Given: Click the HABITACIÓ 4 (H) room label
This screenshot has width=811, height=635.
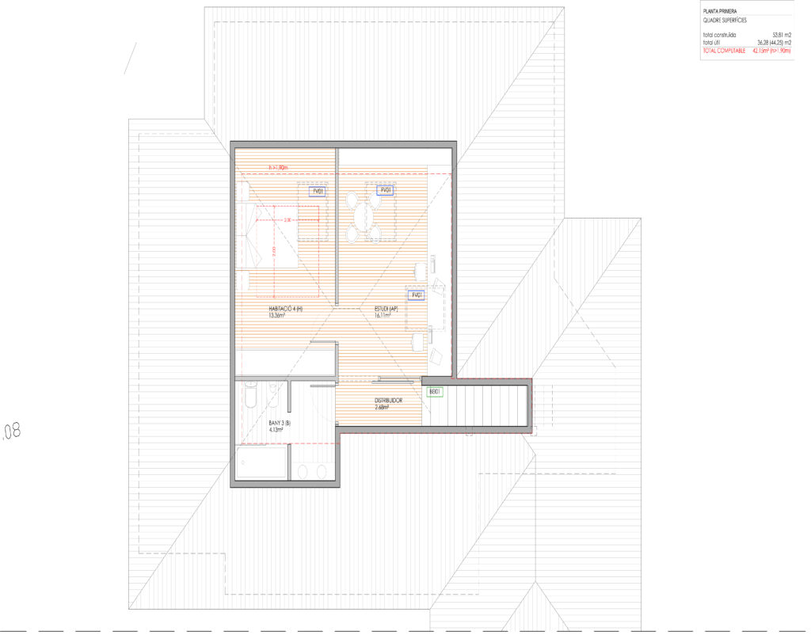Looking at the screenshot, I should click(x=283, y=308).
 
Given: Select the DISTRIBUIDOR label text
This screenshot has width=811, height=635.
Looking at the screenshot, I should click(x=388, y=401).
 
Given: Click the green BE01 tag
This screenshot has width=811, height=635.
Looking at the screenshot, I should click(x=435, y=391).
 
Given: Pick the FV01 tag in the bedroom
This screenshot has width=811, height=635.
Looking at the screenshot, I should click(x=318, y=191).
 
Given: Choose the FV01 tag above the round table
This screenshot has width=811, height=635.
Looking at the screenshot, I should click(x=386, y=190).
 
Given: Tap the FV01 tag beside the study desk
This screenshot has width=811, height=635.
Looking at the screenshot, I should click(x=417, y=295).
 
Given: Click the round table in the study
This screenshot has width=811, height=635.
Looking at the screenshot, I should click(x=364, y=215).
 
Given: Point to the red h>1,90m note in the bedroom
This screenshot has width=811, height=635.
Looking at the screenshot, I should click(x=276, y=167).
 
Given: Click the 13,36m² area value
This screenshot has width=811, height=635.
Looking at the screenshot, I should click(x=276, y=315).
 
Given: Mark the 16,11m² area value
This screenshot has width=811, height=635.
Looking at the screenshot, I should click(x=383, y=315).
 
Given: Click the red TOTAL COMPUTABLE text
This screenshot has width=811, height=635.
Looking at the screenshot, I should click(x=724, y=51).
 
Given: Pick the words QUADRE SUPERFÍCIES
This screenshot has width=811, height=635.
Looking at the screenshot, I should click(x=725, y=21).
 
